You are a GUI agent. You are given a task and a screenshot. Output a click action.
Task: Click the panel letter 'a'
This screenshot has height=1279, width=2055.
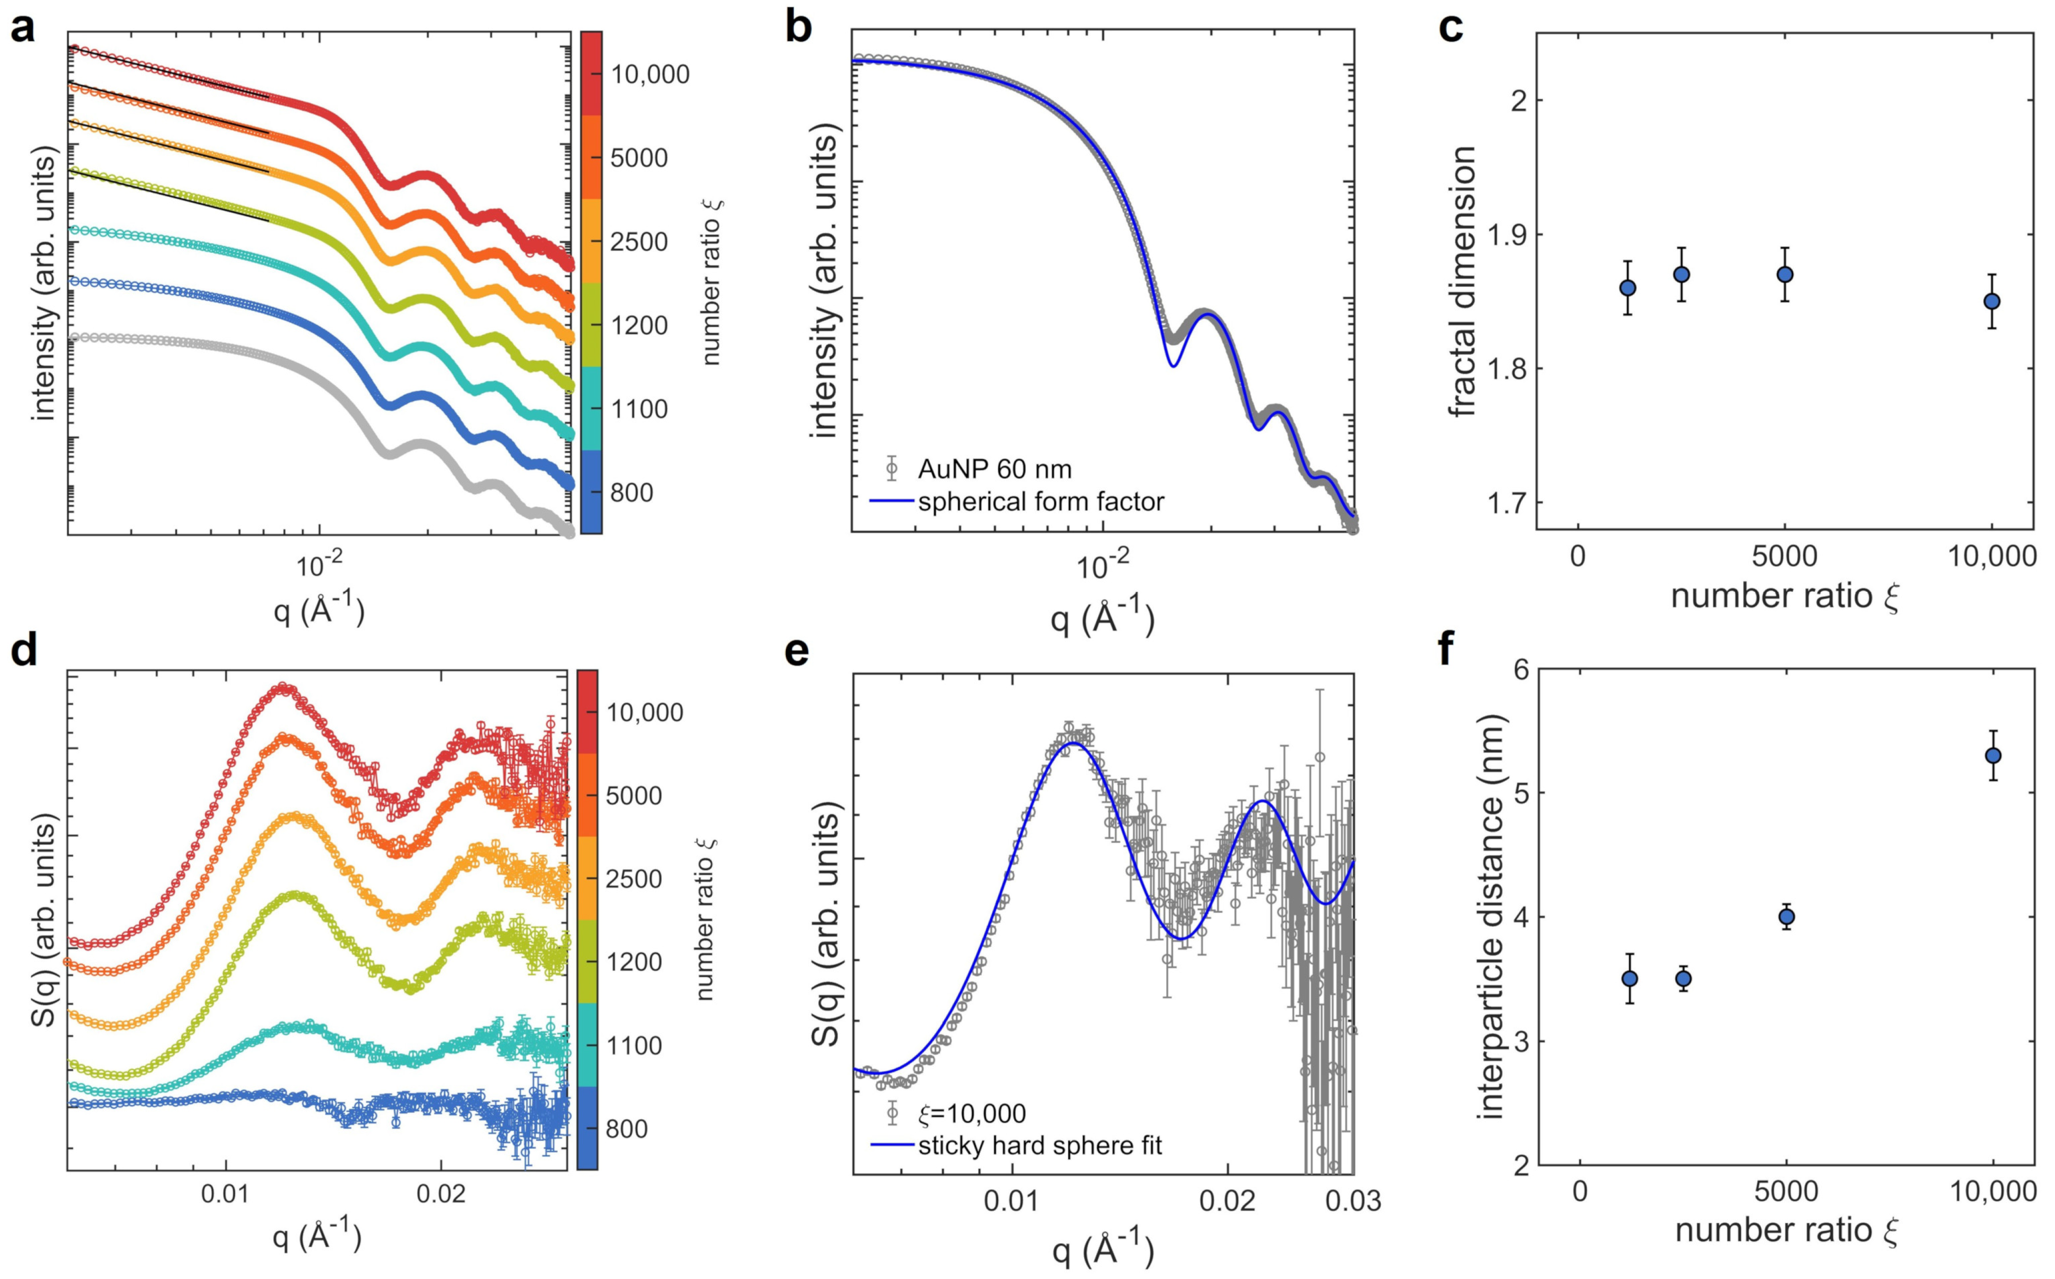23,30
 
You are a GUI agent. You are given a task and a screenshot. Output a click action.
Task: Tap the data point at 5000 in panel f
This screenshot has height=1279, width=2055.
1786,917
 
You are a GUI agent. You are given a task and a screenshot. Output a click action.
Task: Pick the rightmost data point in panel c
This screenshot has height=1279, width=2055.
1991,301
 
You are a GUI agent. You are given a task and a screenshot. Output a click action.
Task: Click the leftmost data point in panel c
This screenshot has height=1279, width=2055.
1627,288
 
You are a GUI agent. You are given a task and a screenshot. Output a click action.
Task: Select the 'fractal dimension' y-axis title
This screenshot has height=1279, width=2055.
1462,282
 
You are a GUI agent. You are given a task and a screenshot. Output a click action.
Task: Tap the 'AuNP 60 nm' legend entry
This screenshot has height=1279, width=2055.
994,469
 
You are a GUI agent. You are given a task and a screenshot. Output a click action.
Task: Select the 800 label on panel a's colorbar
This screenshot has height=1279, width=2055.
631,492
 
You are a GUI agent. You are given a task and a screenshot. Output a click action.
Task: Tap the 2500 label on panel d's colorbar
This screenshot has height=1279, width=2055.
633,879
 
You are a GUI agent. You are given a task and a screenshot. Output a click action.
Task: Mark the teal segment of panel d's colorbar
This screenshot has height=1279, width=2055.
587,1045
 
